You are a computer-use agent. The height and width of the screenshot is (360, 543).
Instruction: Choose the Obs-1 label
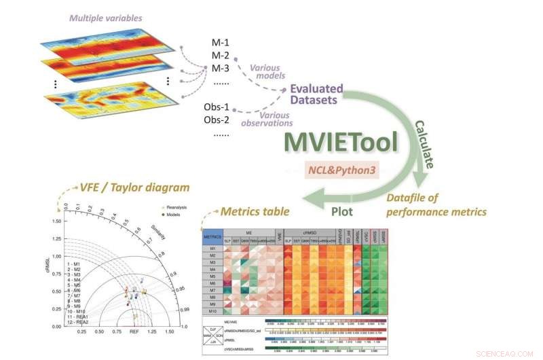click(217, 108)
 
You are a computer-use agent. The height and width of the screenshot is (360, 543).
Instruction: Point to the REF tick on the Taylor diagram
click(134, 334)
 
